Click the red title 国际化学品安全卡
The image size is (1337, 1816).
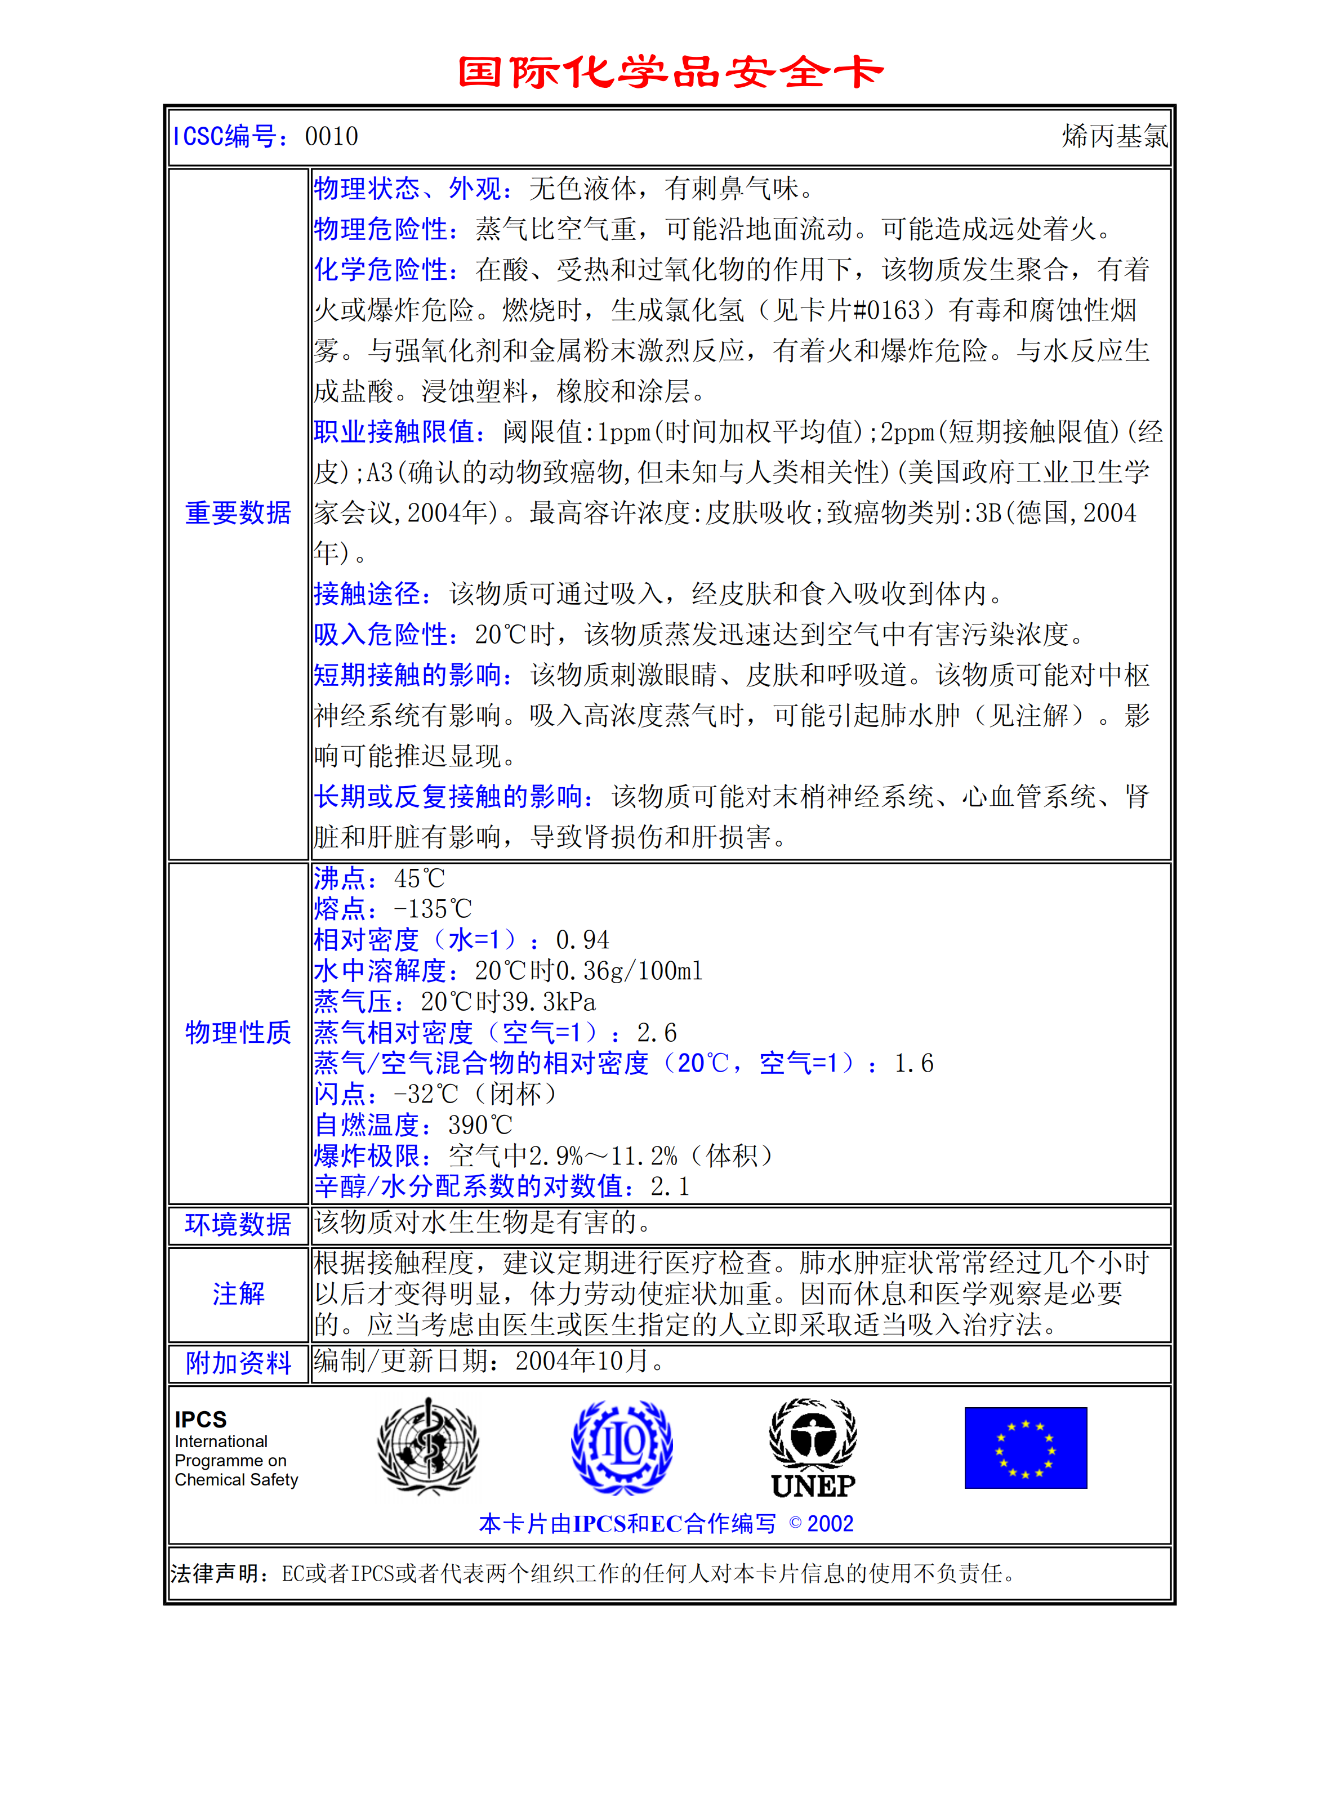(670, 72)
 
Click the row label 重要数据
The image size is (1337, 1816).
(238, 513)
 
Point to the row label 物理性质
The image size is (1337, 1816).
(238, 1033)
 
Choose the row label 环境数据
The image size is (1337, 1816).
(238, 1224)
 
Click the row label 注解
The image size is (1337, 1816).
(238, 1294)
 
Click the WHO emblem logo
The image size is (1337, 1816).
(428, 1446)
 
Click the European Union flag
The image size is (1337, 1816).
(1026, 1448)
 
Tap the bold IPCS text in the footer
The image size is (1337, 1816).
(200, 1420)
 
